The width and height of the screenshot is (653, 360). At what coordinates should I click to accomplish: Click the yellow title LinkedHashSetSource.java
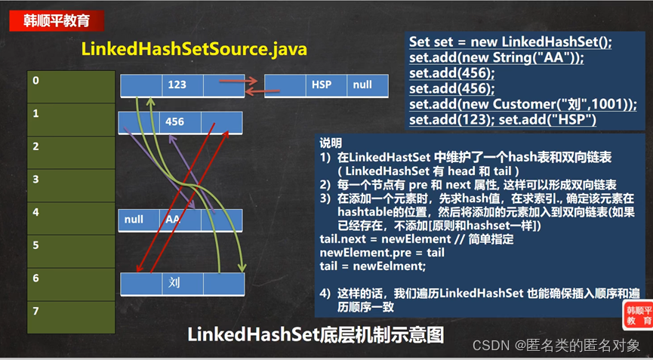click(194, 50)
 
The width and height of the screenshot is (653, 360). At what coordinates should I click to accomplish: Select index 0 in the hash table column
click(35, 79)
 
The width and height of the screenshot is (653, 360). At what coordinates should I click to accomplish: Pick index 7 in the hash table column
click(35, 311)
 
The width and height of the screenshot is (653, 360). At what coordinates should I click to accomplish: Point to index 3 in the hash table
click(35, 180)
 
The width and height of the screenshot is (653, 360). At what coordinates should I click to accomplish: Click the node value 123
click(177, 85)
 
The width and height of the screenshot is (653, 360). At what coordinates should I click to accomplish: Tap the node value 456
click(175, 122)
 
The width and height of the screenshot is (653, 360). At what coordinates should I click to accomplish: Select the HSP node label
click(322, 85)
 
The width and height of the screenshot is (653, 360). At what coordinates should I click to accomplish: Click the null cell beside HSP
click(362, 85)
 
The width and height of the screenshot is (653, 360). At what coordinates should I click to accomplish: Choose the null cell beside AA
click(134, 220)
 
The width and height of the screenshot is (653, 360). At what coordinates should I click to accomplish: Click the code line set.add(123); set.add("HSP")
click(504, 120)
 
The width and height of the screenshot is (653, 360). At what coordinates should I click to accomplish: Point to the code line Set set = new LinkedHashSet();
click(510, 42)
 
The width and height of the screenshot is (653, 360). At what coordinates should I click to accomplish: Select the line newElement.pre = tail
click(382, 252)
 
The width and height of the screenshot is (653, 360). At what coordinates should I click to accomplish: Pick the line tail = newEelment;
click(373, 265)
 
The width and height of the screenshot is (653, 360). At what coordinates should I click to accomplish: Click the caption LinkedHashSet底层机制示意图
click(315, 334)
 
